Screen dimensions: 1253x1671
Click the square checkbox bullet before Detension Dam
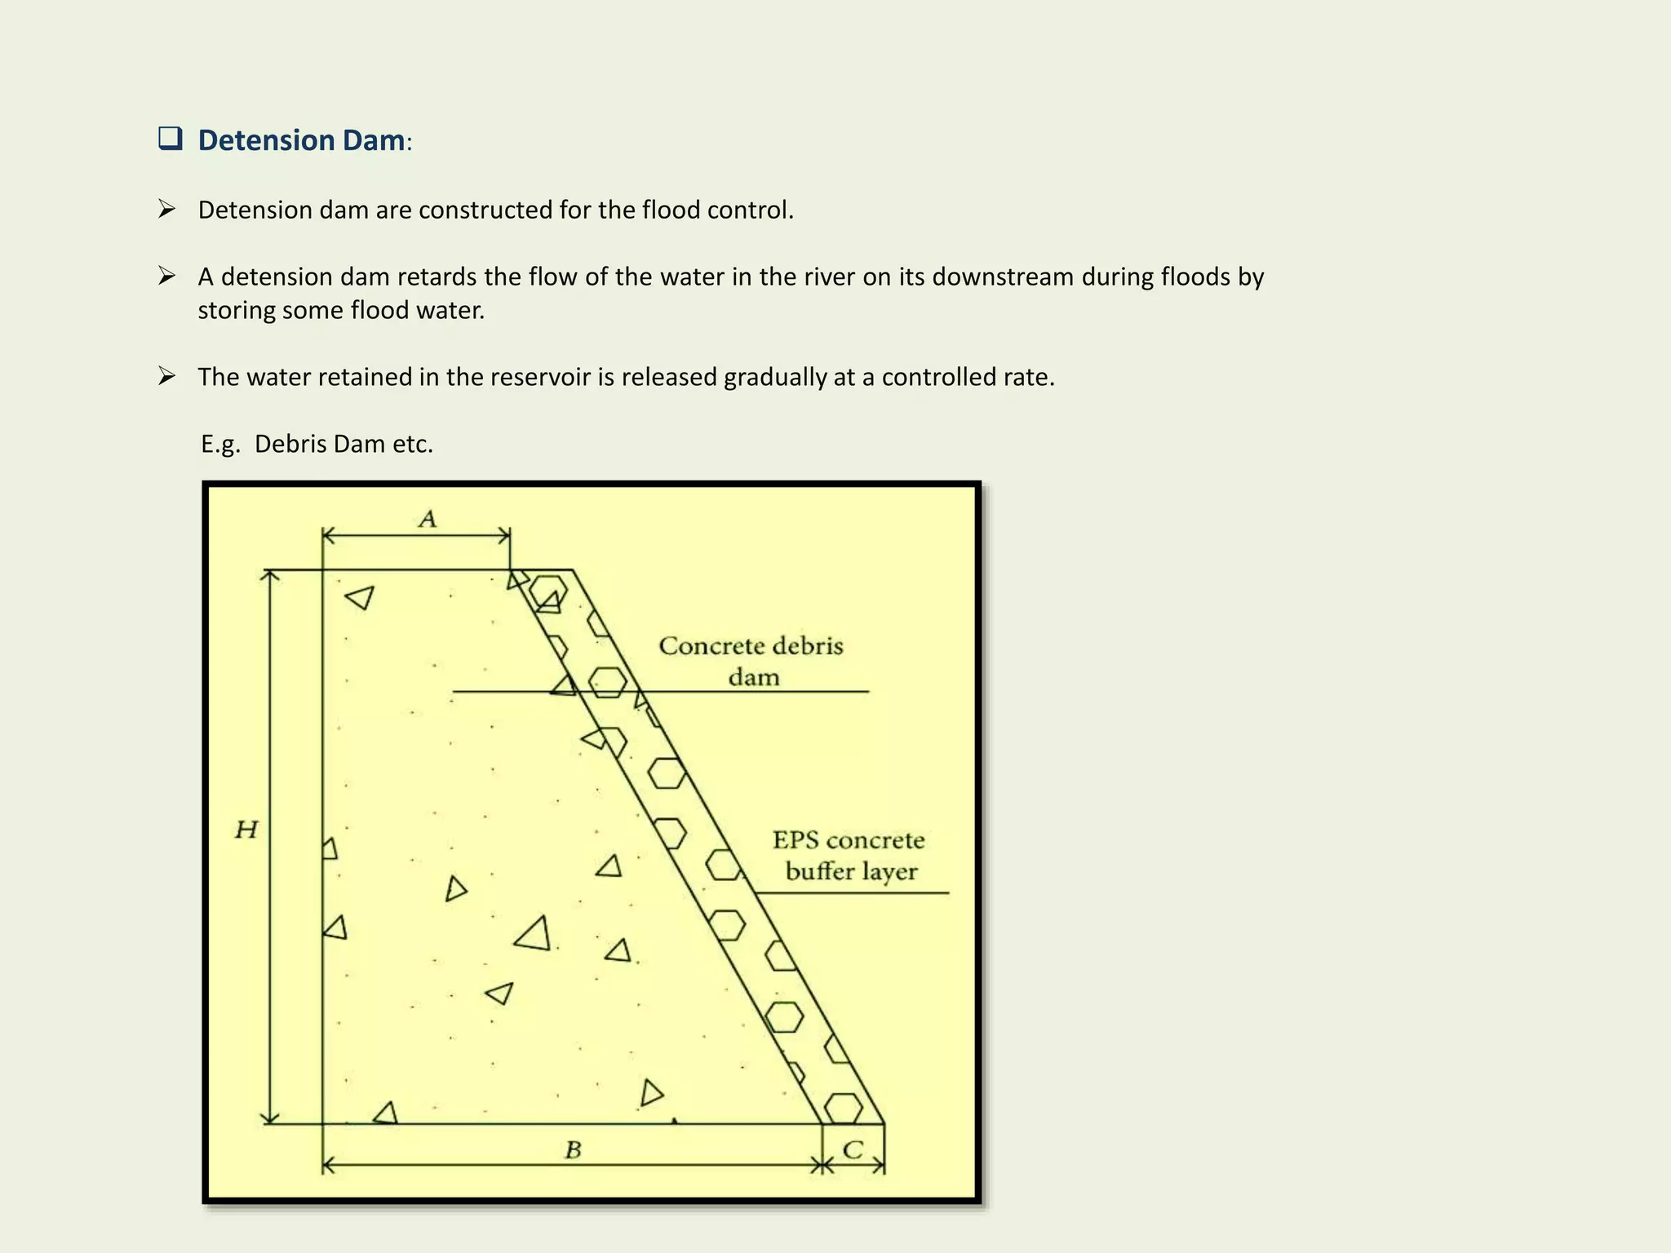[x=170, y=139]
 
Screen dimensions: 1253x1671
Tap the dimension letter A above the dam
[x=428, y=519]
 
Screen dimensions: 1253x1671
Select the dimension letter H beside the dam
[x=246, y=830]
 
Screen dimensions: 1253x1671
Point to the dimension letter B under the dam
[x=573, y=1150]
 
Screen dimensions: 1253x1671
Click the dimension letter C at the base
[x=853, y=1150]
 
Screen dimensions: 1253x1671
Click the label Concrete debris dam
[x=751, y=661]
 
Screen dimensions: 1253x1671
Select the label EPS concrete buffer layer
[x=849, y=855]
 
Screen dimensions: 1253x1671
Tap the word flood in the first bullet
[x=671, y=210]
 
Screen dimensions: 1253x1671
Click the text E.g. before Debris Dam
[x=220, y=445]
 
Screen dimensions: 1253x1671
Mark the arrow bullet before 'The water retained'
[x=167, y=376]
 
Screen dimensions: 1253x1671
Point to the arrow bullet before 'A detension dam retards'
[x=167, y=276]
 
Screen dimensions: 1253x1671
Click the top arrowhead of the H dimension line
[x=271, y=576]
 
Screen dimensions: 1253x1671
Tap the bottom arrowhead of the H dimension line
[x=271, y=1118]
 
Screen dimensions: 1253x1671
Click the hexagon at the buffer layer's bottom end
[x=843, y=1109]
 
